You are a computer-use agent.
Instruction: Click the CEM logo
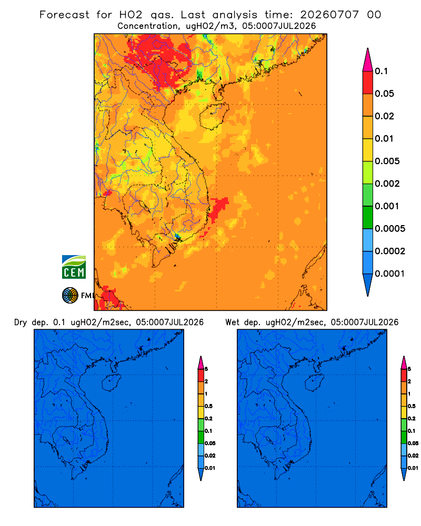coord(74,267)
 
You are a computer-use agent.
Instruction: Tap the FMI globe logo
coord(70,295)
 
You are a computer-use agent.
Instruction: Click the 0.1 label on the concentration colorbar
coord(381,71)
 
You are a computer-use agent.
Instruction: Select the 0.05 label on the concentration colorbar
coord(384,94)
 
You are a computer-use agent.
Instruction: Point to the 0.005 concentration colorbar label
coord(387,161)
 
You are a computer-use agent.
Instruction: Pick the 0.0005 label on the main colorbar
coord(390,228)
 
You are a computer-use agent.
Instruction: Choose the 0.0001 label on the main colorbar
coord(390,274)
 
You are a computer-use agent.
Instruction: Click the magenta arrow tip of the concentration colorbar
coord(368,59)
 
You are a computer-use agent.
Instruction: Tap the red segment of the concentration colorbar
coord(368,82)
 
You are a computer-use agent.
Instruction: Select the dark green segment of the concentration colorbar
coord(368,217)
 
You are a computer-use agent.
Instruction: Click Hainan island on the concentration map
coord(214,116)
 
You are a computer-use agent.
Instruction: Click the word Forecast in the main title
coord(64,15)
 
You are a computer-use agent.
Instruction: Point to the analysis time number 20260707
coord(329,15)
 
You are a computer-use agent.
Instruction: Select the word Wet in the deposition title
coord(232,322)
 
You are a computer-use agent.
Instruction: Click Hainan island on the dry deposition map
coord(111,383)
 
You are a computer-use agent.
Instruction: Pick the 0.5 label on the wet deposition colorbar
coord(411,406)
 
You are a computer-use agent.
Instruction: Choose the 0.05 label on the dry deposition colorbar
coord(210,443)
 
